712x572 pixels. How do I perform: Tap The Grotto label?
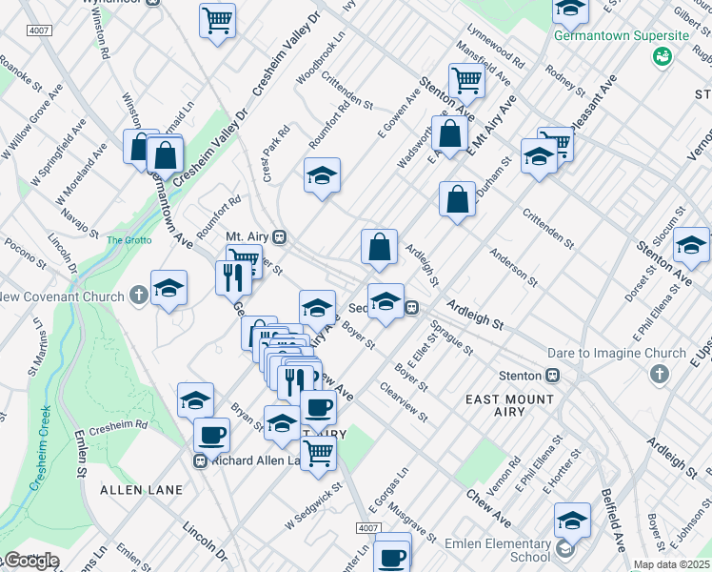point(129,239)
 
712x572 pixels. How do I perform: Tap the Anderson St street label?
point(513,264)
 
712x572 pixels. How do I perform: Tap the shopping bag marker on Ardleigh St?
point(379,247)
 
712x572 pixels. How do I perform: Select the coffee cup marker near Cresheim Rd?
point(211,435)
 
